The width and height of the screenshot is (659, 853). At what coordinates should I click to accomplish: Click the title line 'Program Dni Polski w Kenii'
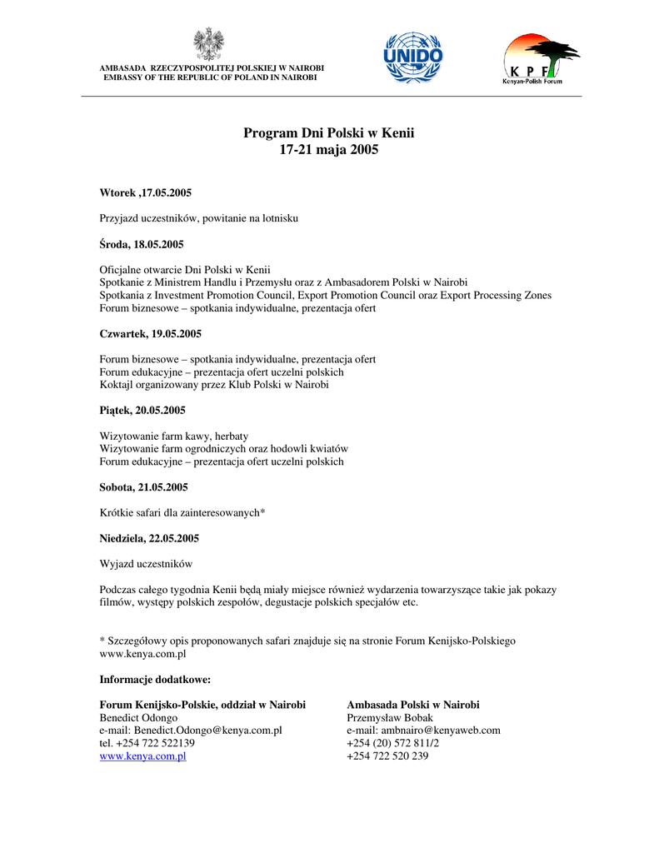click(328, 133)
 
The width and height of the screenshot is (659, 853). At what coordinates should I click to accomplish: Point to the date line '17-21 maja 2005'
click(328, 150)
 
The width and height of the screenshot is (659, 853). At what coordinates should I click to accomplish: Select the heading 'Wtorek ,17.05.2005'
click(146, 193)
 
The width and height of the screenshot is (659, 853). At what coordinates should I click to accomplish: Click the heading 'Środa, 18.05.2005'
click(142, 244)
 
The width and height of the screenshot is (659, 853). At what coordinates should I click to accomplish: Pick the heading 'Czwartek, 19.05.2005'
click(151, 334)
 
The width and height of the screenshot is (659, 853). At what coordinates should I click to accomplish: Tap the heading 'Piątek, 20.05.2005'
click(142, 411)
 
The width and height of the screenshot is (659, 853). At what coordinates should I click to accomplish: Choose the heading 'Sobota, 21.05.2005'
click(144, 487)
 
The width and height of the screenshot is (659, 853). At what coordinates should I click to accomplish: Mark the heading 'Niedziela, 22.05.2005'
click(149, 538)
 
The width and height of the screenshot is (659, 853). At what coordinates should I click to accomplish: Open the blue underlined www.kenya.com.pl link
click(142, 756)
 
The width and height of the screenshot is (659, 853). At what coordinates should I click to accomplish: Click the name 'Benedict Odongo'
click(138, 717)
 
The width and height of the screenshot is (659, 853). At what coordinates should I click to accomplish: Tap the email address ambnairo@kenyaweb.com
click(441, 731)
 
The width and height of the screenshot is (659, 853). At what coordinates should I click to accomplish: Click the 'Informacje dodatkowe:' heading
click(155, 679)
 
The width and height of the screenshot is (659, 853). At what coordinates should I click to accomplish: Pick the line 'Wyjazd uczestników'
click(146, 564)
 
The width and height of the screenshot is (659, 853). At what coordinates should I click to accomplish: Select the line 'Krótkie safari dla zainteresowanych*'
click(182, 513)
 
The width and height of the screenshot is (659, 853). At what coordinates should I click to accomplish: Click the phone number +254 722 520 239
click(387, 756)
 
